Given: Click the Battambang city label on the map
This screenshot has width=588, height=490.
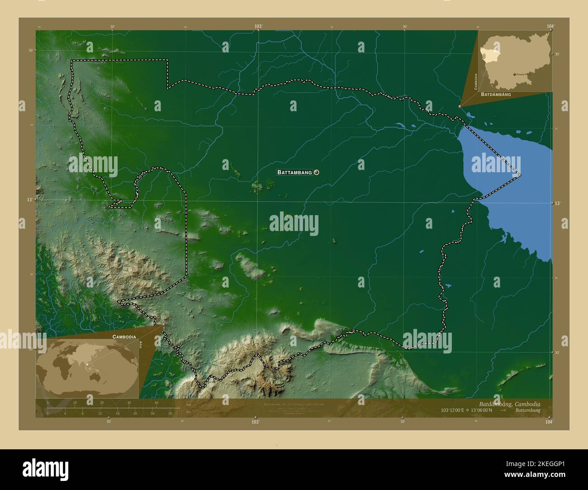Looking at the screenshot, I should [x=294, y=172].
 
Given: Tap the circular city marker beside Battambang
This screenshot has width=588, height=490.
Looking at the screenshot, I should [x=316, y=172].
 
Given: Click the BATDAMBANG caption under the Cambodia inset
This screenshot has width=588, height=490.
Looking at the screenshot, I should [x=496, y=94].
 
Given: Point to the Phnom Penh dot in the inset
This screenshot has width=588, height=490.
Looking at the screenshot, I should [x=515, y=74].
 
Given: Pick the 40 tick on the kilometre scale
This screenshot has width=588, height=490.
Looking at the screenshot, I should [x=156, y=403].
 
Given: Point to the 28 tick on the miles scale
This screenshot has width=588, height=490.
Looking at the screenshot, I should [x=170, y=413].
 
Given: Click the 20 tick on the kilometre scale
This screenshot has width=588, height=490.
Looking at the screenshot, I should [x=102, y=403].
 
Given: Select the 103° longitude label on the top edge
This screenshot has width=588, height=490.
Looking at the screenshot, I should [x=258, y=27].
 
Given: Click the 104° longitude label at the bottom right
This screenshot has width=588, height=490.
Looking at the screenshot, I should [x=549, y=421].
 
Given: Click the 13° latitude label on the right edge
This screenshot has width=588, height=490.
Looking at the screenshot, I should [x=557, y=203].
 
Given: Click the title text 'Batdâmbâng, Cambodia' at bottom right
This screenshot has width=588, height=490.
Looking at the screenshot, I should [x=509, y=403].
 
